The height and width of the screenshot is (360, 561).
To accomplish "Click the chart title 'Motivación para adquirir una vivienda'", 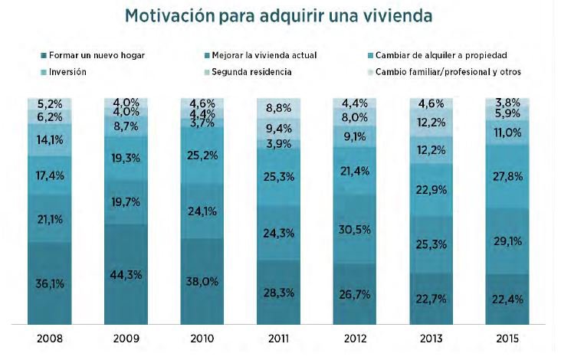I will pyautogui.click(x=280, y=16).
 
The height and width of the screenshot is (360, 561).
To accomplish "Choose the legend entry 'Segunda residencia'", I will pyautogui.click(x=247, y=71).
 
